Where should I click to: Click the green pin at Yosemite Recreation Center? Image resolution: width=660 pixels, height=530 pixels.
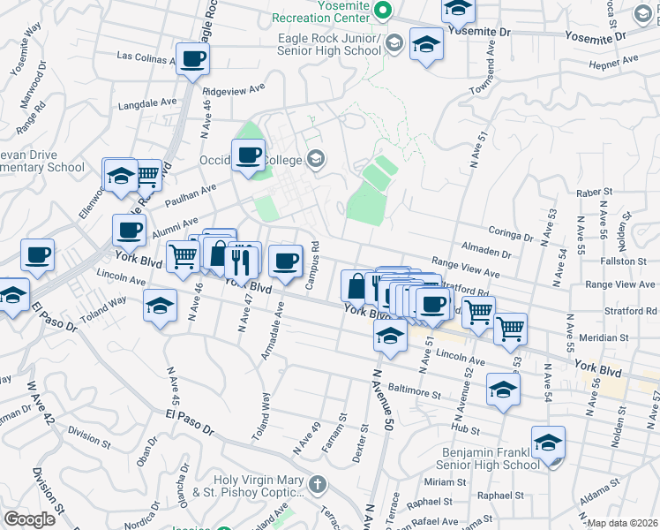coord(383,11)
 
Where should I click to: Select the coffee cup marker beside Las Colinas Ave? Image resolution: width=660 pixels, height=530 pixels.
coord(193,60)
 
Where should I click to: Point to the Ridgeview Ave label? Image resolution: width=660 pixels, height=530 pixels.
coord(234,89)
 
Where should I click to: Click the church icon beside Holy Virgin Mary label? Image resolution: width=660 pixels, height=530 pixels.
coord(317,484)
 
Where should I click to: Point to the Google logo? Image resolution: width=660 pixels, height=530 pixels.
coord(29,520)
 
